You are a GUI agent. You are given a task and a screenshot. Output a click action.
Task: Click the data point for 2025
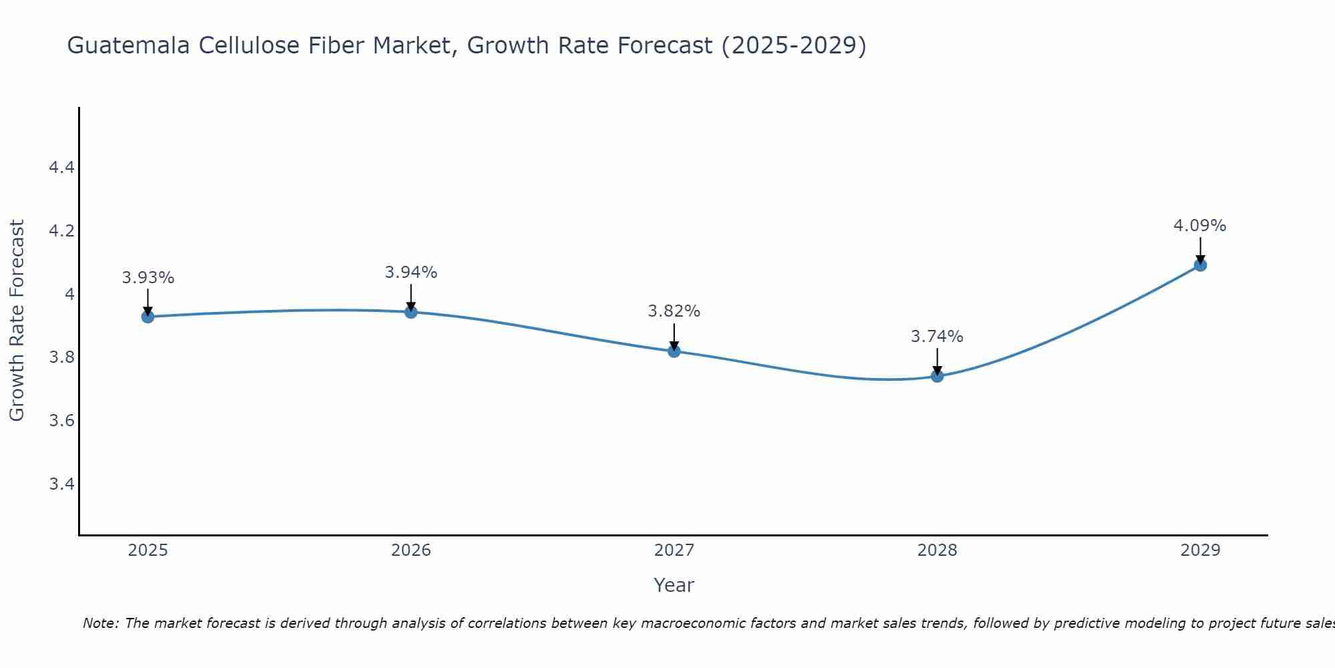(x=148, y=317)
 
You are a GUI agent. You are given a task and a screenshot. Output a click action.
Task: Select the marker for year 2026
(x=411, y=312)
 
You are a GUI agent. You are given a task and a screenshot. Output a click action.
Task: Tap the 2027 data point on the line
(x=674, y=351)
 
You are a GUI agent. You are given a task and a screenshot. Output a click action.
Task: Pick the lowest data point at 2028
(x=937, y=376)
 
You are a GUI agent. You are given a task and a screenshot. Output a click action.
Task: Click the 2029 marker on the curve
(x=1200, y=265)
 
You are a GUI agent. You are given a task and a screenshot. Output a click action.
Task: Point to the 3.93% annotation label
(x=148, y=278)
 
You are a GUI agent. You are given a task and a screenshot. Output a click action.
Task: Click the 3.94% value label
(x=411, y=273)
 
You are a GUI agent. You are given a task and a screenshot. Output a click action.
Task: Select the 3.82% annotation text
(x=674, y=311)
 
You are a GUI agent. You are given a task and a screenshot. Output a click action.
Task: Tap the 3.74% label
(x=937, y=337)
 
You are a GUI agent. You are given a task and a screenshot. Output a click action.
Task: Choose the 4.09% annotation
(x=1200, y=226)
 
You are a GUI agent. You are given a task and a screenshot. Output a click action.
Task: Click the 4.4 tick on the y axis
(x=61, y=168)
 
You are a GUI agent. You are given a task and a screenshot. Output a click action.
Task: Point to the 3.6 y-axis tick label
(x=61, y=421)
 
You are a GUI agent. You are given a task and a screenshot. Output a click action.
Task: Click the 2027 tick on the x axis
(x=674, y=550)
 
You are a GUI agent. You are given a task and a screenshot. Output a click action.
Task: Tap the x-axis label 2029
(x=1200, y=550)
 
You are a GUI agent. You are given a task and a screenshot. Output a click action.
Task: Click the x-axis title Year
(x=674, y=585)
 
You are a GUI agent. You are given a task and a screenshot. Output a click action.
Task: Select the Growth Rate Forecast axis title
(x=17, y=321)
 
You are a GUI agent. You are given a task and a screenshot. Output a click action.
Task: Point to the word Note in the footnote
(x=100, y=623)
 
